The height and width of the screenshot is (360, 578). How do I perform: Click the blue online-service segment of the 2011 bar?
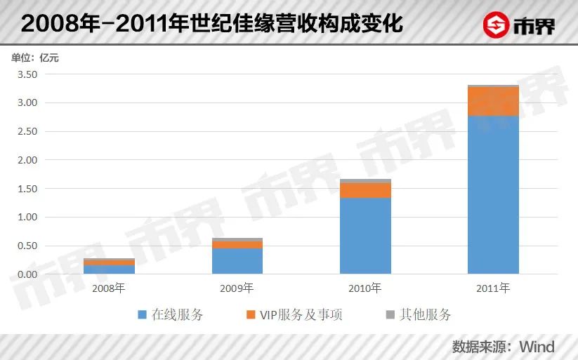(493, 194)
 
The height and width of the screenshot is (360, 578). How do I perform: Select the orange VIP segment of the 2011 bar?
(493, 102)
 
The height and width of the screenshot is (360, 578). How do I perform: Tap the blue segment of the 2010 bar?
(365, 235)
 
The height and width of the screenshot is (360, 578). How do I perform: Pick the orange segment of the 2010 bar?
(365, 190)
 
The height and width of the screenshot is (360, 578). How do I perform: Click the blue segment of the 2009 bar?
(237, 261)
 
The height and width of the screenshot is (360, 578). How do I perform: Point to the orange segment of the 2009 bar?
(237, 245)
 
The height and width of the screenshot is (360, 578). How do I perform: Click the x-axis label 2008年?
(109, 288)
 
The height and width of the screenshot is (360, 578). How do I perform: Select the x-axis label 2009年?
(237, 288)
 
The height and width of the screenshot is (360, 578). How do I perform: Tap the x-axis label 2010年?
(365, 288)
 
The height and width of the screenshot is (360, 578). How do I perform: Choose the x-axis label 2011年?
(493, 288)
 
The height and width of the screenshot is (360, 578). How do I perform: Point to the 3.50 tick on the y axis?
(27, 74)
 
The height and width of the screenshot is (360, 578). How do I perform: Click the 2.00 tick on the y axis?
(27, 160)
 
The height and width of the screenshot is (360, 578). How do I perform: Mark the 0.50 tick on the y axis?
(27, 246)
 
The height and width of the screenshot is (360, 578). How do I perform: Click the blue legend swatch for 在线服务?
(143, 315)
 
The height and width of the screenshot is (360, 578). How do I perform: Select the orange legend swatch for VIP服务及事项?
(251, 315)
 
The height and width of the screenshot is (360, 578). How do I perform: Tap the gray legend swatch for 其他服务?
(391, 315)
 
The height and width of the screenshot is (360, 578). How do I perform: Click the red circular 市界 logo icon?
(498, 25)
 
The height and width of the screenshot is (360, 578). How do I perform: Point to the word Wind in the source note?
(537, 347)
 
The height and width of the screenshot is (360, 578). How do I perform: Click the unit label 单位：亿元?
(34, 58)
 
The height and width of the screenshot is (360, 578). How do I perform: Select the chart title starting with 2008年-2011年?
(211, 24)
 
